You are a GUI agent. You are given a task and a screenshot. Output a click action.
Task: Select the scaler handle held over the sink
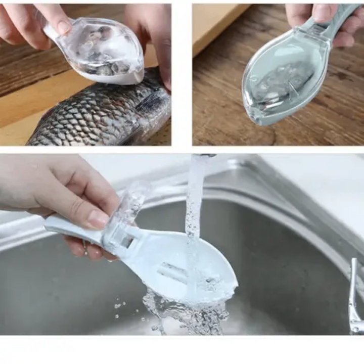point(71,230)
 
